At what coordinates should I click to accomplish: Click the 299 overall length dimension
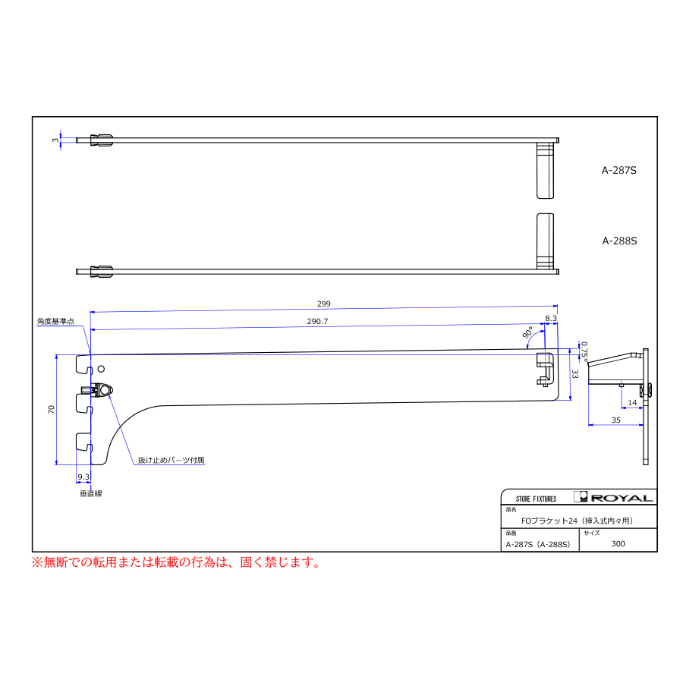click(323, 304)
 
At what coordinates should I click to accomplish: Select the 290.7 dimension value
click(317, 321)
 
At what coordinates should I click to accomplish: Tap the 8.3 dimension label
click(551, 319)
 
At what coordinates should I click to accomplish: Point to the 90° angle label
click(527, 333)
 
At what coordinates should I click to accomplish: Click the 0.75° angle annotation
click(584, 352)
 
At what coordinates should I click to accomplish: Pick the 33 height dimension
click(575, 374)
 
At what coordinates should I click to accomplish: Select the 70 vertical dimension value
click(52, 410)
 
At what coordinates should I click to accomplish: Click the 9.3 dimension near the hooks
click(83, 477)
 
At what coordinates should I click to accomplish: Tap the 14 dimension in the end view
click(632, 402)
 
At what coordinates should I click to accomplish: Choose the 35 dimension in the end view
click(615, 420)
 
